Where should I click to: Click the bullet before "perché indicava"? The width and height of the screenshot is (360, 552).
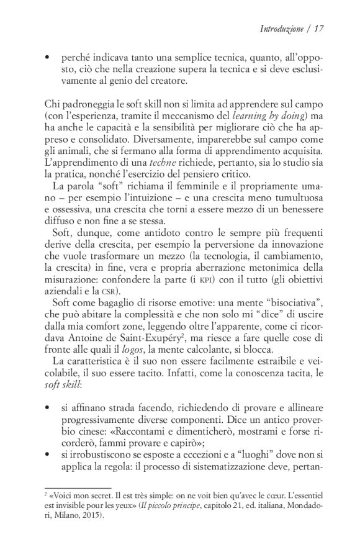[x=48, y=57]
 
